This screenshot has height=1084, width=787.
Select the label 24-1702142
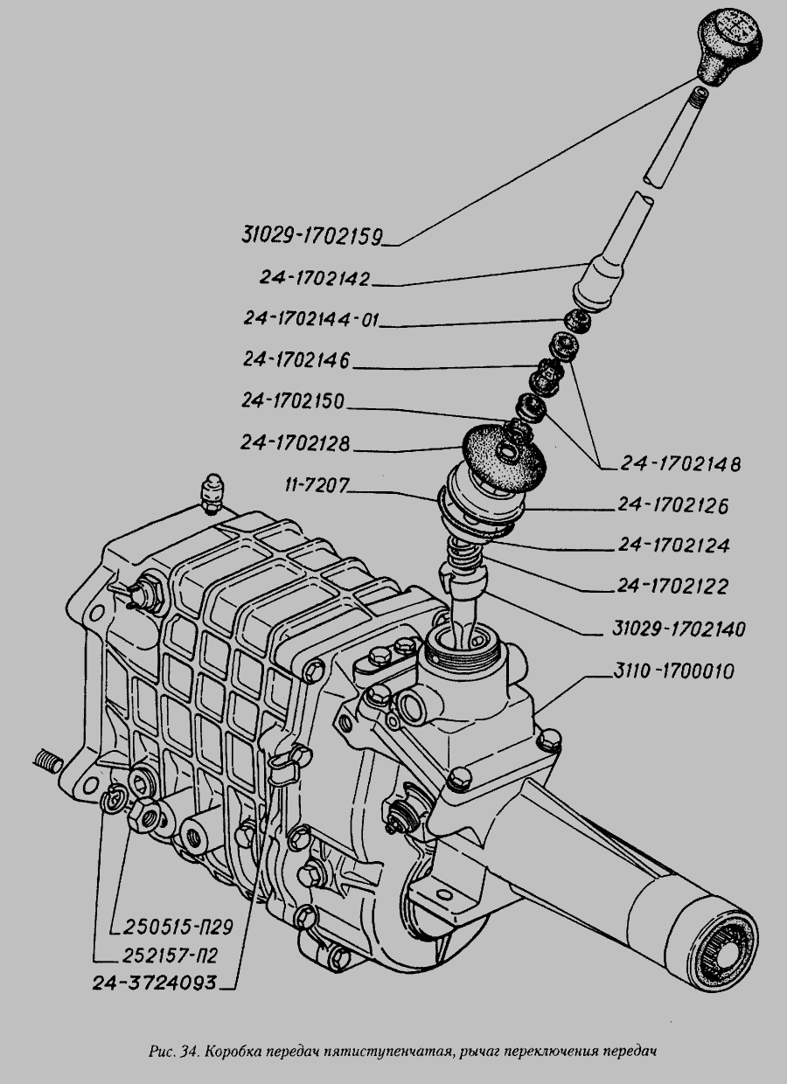[315, 278]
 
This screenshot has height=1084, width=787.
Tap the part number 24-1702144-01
[312, 320]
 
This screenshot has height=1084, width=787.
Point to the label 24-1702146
[296, 360]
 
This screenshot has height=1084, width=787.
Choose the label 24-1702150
[295, 402]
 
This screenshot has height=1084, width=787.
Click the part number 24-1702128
[295, 444]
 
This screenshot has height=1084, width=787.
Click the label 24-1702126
[674, 506]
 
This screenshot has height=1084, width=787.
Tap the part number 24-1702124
[674, 546]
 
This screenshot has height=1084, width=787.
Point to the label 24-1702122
[674, 586]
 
